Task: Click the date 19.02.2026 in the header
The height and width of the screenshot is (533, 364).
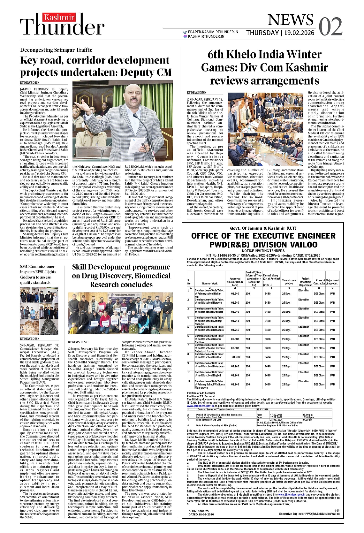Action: point(299,33)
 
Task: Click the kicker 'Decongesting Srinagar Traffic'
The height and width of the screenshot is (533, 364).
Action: point(56,50)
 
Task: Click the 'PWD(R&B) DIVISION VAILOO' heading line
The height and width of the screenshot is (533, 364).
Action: point(263,245)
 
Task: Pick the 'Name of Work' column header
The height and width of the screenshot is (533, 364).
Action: point(210,283)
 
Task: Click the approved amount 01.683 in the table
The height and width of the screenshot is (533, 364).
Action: point(235,339)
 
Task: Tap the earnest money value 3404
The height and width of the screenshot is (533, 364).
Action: point(268,357)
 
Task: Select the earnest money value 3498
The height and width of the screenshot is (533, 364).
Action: point(268,376)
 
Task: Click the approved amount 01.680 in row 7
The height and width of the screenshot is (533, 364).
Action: point(235,348)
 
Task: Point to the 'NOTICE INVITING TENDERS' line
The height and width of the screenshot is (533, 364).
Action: point(263,251)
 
